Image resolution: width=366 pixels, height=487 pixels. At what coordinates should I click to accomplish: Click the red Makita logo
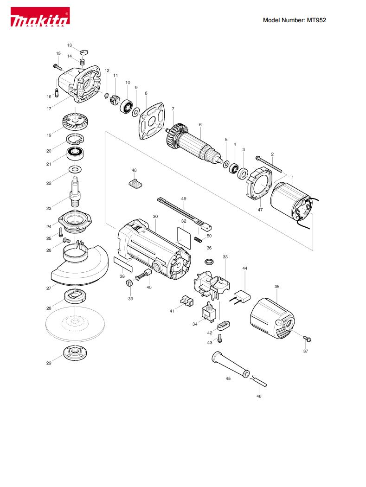tap(40, 17)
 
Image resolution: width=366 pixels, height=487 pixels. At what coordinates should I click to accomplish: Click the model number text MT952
tap(316, 20)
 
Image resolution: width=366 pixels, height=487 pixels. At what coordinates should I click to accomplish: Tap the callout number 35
tap(277, 286)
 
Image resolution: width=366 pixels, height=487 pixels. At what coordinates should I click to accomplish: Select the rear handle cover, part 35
tap(272, 318)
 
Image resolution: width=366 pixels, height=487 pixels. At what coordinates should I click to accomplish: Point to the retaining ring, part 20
tap(75, 139)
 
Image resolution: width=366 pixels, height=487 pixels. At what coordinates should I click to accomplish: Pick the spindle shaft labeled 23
tap(75, 191)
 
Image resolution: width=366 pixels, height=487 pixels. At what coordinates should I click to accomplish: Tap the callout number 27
tap(49, 288)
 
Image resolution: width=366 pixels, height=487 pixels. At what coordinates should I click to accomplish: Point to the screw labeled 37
tap(307, 339)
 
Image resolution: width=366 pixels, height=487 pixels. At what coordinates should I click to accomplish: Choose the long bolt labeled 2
tap(269, 164)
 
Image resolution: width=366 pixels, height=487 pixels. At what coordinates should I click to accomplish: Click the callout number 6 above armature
tap(200, 125)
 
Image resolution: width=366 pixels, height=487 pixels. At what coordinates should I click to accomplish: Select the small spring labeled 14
tap(82, 62)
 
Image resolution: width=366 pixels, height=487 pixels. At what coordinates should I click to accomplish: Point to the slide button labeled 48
tap(135, 183)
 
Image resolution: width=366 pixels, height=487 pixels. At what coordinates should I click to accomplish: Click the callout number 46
tap(259, 396)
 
